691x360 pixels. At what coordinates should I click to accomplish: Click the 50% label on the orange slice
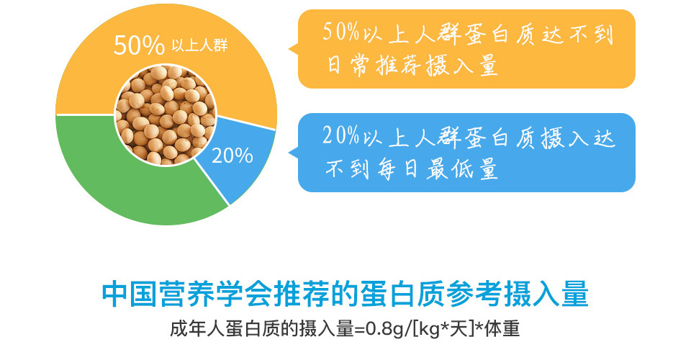point(139,45)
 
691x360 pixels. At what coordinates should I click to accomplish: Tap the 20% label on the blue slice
point(232,156)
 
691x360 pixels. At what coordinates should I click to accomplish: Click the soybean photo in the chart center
point(166,115)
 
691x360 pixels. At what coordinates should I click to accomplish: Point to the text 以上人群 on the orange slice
point(199,46)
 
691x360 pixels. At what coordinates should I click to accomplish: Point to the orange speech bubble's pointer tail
point(294,49)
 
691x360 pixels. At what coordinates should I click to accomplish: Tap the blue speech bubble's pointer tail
point(294,153)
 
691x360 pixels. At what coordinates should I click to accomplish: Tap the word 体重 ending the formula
point(502,329)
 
